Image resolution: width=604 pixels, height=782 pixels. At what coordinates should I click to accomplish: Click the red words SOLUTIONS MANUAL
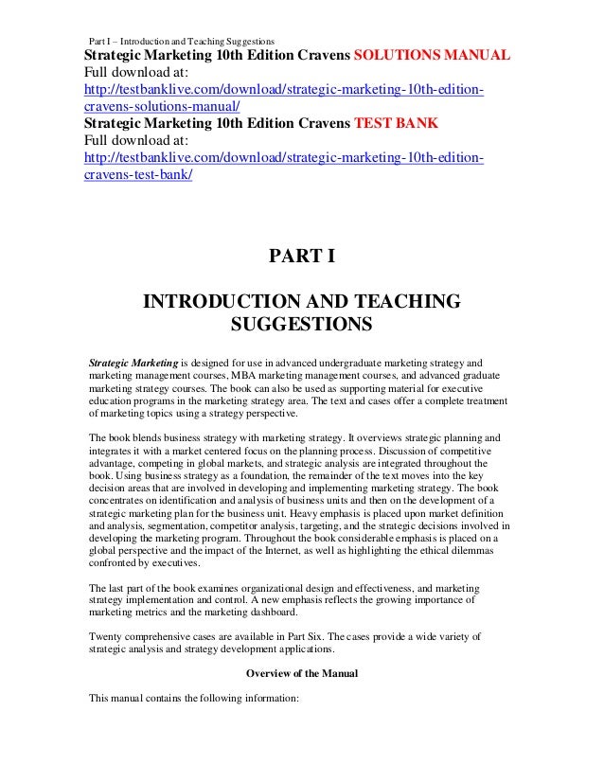pos(431,54)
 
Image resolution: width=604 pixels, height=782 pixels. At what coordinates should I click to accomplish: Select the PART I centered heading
pos(302,258)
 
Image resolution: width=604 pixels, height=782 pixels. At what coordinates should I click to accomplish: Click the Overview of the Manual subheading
pos(302,674)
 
